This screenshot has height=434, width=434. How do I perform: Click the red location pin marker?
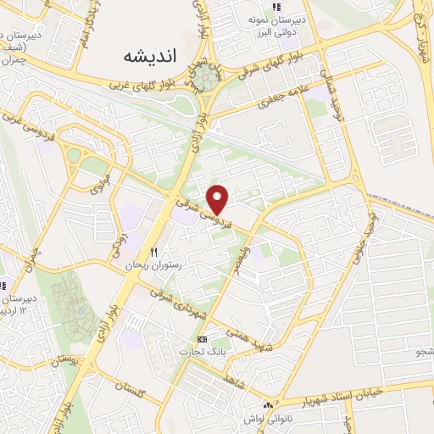(220, 198)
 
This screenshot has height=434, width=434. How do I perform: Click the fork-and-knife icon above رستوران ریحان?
(153, 252)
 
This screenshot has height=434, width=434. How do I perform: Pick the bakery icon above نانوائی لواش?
(270, 404)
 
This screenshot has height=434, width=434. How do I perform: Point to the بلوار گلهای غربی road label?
(147, 86)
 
